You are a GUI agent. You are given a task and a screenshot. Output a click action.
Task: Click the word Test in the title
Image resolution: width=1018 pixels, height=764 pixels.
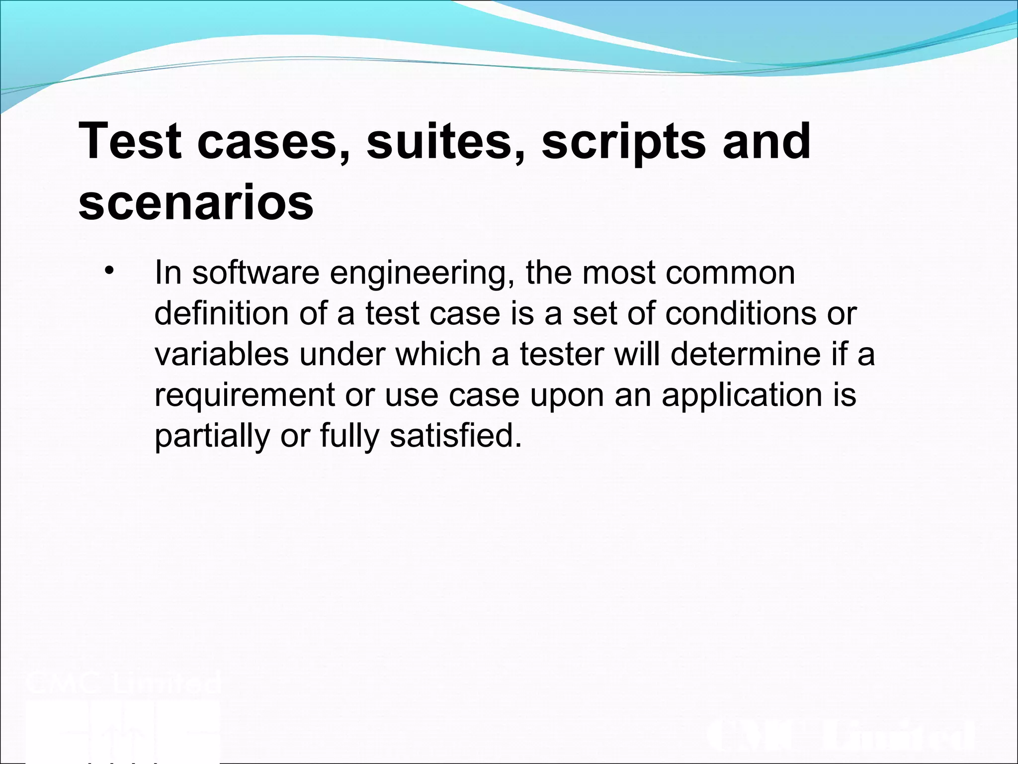(x=130, y=142)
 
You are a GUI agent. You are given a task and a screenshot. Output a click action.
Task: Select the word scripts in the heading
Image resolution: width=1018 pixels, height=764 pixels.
(x=624, y=142)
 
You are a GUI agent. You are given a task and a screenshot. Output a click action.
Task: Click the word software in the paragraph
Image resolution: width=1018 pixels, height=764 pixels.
(x=255, y=273)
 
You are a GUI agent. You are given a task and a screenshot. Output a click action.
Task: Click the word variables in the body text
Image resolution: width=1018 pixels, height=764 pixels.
(x=221, y=354)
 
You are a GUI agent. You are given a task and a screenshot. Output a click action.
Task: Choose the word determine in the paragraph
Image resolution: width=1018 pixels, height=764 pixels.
(x=745, y=354)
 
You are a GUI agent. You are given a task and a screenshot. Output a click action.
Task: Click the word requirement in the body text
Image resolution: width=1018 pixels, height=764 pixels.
(x=245, y=395)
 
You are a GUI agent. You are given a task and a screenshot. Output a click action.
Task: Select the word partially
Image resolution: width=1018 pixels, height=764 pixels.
(x=212, y=435)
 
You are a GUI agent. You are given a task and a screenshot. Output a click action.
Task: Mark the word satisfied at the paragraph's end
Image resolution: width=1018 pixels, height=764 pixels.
(x=456, y=435)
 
